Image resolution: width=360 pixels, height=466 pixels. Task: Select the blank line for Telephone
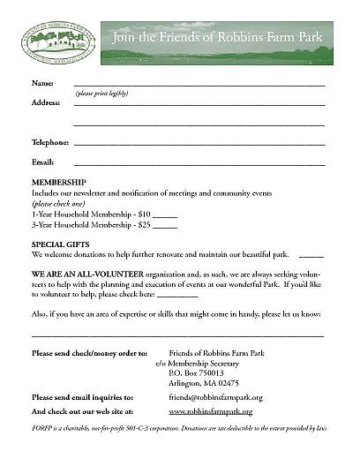tap(199, 144)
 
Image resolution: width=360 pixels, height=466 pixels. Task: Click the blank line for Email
tap(199, 164)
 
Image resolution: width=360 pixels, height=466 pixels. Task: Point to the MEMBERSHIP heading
tap(59, 182)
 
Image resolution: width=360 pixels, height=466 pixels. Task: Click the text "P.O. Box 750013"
tap(196, 372)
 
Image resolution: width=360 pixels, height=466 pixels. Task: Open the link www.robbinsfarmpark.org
tap(210, 412)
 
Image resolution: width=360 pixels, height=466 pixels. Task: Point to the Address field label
tap(47, 102)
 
